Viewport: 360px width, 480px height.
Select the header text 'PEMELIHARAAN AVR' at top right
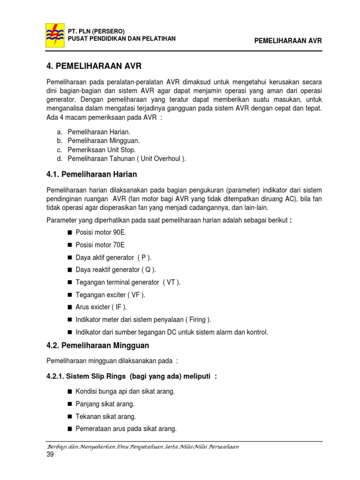coord(288,41)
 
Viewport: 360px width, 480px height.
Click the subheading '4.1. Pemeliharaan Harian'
coord(91,174)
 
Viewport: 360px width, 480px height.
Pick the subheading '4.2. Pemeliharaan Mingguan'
coord(97,346)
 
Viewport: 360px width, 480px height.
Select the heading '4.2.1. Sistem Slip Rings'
coord(131,376)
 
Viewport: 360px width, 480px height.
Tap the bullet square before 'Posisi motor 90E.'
coord(70,232)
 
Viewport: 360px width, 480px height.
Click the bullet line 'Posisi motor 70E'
coord(100,245)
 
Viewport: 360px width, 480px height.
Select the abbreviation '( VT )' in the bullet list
coord(171,282)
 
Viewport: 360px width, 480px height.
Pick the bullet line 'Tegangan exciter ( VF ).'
coord(111,295)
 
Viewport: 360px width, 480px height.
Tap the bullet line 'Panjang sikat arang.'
coord(105,404)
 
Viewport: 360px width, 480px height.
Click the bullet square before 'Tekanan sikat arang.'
coord(70,417)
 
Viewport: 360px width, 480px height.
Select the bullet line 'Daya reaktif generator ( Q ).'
coord(116,270)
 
